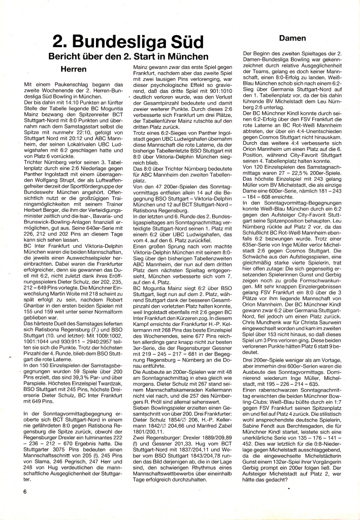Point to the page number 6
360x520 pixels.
[x=24, y=492]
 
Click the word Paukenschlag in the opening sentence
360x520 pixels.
[x=68, y=83]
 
